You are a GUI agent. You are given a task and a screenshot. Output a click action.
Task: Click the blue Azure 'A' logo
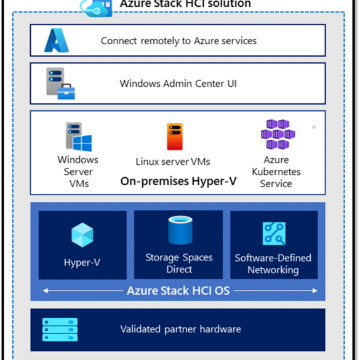tap(57, 40)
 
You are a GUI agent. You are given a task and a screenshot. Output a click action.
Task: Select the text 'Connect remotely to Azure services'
tap(178, 41)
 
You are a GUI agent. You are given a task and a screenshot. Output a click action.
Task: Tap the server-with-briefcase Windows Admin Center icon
tap(60, 83)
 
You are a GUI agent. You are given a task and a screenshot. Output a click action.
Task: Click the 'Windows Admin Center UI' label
tap(178, 84)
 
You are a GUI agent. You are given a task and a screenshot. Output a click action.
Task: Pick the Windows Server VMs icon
tap(79, 137)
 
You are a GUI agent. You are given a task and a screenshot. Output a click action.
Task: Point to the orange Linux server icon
tap(175, 137)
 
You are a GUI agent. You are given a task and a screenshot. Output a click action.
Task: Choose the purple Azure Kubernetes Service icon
tap(278, 134)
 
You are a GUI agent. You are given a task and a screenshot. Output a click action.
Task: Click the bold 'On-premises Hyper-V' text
tap(178, 181)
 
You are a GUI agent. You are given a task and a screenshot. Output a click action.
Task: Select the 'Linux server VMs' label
tap(173, 162)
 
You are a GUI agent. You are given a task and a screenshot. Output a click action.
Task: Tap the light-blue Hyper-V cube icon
tap(82, 234)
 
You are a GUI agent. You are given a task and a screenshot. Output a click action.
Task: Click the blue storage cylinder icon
tap(180, 230)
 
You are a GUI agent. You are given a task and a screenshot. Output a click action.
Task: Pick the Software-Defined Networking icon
tap(274, 233)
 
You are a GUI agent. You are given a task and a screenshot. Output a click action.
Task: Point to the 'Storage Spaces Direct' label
tap(179, 263)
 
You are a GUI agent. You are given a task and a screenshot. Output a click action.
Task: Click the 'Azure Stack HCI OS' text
tap(178, 290)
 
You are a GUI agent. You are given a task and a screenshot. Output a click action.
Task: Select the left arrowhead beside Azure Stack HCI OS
tap(46, 290)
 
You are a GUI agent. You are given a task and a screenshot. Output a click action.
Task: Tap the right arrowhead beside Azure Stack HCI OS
tap(315, 290)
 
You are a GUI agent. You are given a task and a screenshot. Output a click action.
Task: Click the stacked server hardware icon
tap(60, 329)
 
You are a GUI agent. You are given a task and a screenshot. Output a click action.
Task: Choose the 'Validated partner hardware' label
tap(181, 329)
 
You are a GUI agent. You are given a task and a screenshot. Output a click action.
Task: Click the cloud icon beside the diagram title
tap(97, 8)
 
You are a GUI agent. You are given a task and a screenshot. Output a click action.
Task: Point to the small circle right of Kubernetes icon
tap(314, 127)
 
